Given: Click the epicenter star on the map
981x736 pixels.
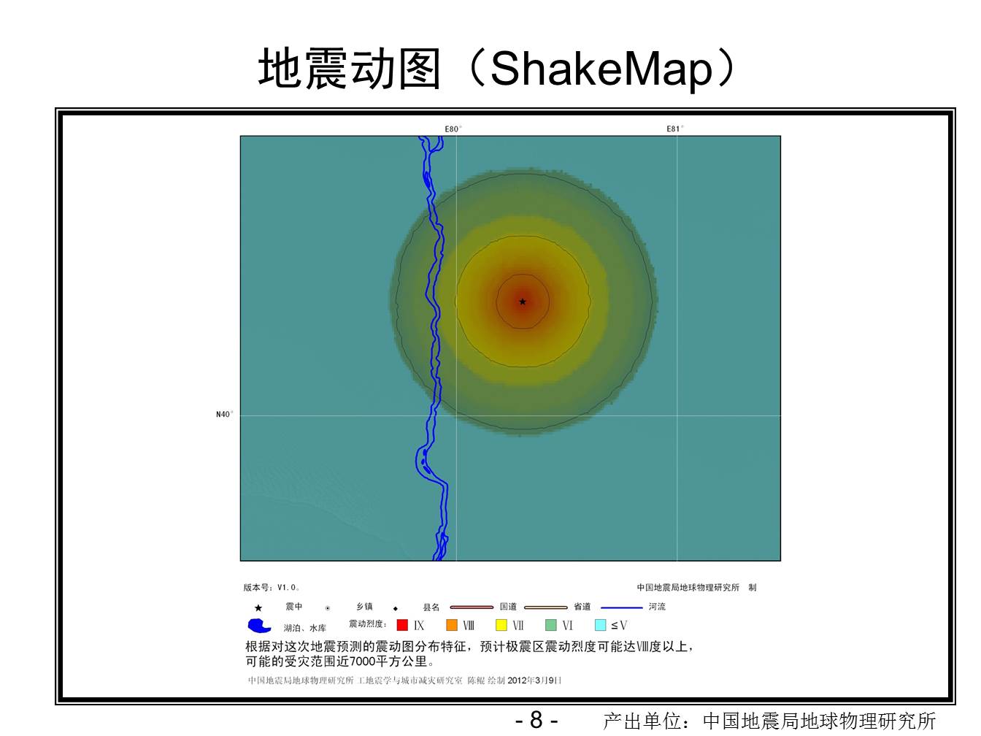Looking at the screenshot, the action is click(523, 302).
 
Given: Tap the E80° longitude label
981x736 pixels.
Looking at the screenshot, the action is click(453, 129).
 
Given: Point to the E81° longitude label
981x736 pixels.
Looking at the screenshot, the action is click(675, 129).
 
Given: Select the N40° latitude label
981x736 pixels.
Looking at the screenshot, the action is click(224, 414).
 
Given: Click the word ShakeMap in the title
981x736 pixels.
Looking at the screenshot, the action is click(601, 69).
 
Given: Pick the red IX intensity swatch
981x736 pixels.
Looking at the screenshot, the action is click(402, 625).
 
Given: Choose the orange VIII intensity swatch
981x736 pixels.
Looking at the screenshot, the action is click(452, 625).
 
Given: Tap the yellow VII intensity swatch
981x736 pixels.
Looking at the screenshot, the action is click(501, 625).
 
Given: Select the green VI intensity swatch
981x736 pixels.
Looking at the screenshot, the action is click(551, 625).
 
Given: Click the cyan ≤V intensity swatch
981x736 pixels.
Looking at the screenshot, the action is click(601, 625).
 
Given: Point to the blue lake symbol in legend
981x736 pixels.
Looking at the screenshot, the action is click(259, 626).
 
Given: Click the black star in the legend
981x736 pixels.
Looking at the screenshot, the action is click(258, 608).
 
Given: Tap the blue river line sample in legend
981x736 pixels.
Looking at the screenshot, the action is click(622, 607).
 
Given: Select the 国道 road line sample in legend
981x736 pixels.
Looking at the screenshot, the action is click(472, 607).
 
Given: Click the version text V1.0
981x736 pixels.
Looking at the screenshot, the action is click(288, 587).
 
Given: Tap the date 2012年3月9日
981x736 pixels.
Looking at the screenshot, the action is click(534, 680).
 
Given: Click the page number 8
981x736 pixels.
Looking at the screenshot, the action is click(536, 720).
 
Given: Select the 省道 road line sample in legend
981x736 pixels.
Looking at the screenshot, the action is click(546, 607).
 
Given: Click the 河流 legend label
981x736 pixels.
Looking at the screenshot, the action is click(657, 607).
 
